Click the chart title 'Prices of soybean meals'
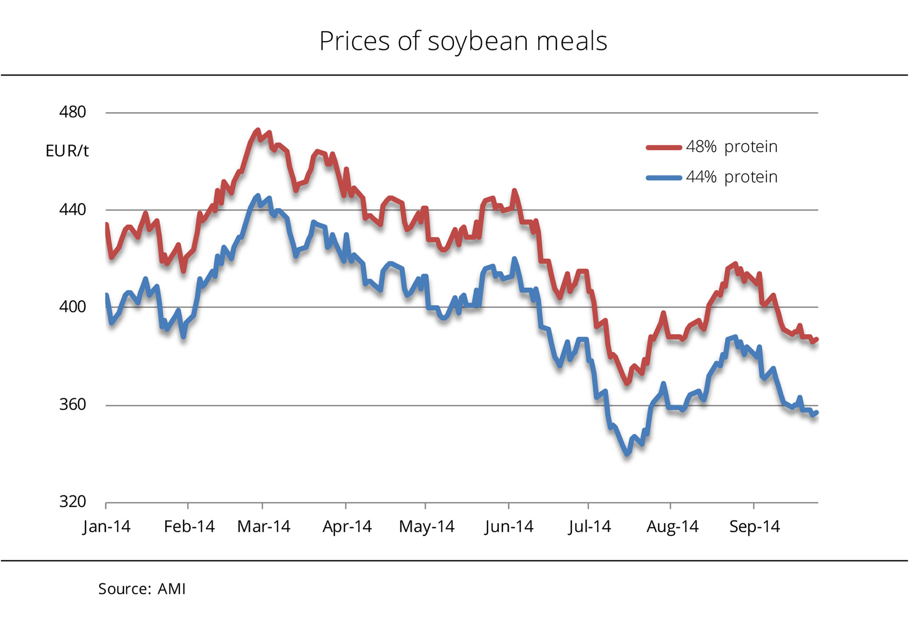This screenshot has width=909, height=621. click(x=463, y=41)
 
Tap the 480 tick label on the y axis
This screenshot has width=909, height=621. click(x=72, y=112)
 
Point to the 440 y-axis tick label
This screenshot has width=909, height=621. click(x=72, y=209)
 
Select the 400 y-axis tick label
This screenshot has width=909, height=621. click(x=72, y=307)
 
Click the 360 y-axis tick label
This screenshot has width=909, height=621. click(x=72, y=404)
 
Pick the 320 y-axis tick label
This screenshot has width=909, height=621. click(x=72, y=502)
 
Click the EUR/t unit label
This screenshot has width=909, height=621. click(x=67, y=151)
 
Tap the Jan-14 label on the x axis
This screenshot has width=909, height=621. click(x=107, y=527)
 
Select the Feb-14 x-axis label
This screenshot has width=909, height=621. click(x=189, y=527)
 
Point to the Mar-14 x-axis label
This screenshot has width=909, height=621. click(x=264, y=527)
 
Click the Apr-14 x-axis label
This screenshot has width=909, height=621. click(x=347, y=527)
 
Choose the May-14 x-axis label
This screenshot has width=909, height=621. click(x=427, y=527)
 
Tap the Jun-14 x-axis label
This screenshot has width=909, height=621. click(x=509, y=527)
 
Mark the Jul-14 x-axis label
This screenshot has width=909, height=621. click(x=589, y=527)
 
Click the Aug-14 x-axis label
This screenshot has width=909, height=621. click(x=672, y=527)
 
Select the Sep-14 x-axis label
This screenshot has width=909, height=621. click(x=755, y=527)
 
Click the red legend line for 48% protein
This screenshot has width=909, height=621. click(x=664, y=148)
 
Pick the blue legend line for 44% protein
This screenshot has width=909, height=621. click(x=664, y=178)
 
